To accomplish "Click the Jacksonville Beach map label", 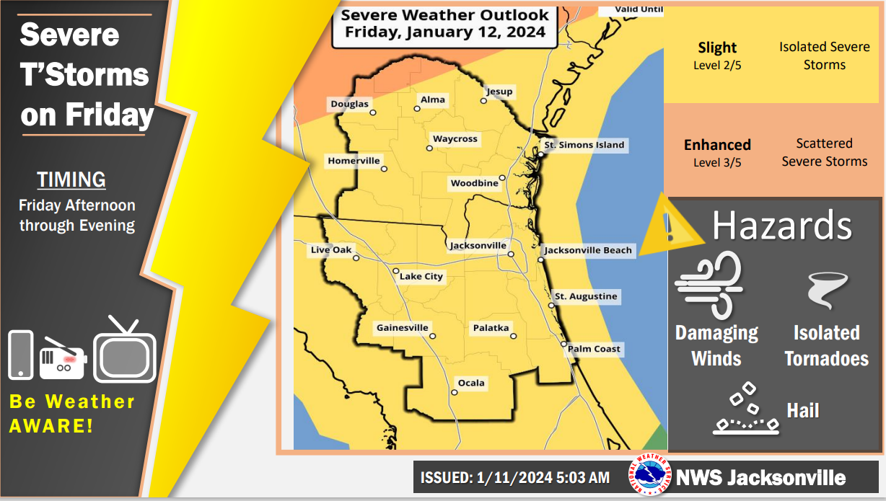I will tap(587, 251).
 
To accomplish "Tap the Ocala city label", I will tap(471, 383).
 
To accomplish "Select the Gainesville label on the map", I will tap(402, 328).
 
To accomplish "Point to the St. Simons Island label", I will tap(584, 145).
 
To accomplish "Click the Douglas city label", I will tap(349, 105).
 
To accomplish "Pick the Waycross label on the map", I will tap(455, 139).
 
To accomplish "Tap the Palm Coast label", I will tap(593, 349).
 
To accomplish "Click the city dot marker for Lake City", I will tap(395, 271).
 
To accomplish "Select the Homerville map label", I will tap(354, 161).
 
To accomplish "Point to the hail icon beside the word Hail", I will tap(746, 411).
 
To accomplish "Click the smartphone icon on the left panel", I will tap(21, 355).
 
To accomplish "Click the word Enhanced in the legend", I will tap(717, 145).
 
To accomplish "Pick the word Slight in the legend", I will tap(717, 48).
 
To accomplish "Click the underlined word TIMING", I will tap(71, 179).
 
